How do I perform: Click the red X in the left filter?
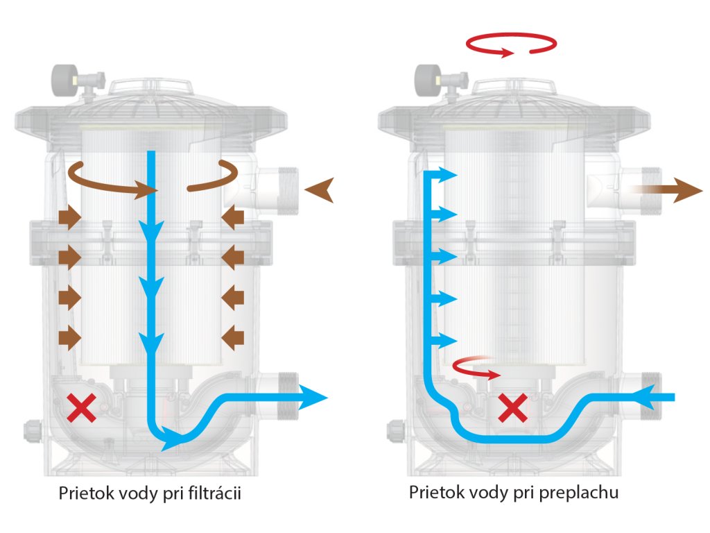point(82,408)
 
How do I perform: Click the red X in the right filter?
point(513,408)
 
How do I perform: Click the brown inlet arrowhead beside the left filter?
point(320,189)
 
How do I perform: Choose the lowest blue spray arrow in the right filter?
point(447,340)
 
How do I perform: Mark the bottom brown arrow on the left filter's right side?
point(233,338)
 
